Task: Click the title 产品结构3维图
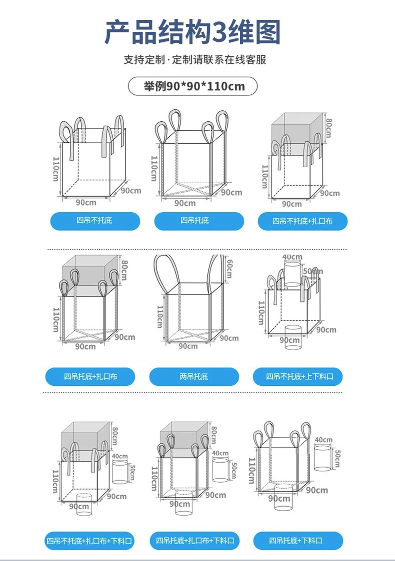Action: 192,32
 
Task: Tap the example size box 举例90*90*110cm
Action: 193,86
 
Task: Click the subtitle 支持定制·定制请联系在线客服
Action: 195,60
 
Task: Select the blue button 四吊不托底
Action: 94,221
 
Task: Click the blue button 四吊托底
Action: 198,221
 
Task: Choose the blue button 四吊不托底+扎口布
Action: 302,221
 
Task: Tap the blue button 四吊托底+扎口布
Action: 90,376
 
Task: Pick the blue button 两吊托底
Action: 194,376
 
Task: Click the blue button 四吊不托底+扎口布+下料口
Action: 90,541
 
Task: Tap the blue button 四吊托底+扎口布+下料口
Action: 194,540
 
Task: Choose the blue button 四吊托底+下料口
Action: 298,541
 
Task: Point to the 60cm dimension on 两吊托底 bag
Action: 229,269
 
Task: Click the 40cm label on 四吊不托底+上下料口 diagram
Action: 292,257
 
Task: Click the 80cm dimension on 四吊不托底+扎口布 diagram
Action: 328,128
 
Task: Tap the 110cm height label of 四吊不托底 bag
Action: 55,169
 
